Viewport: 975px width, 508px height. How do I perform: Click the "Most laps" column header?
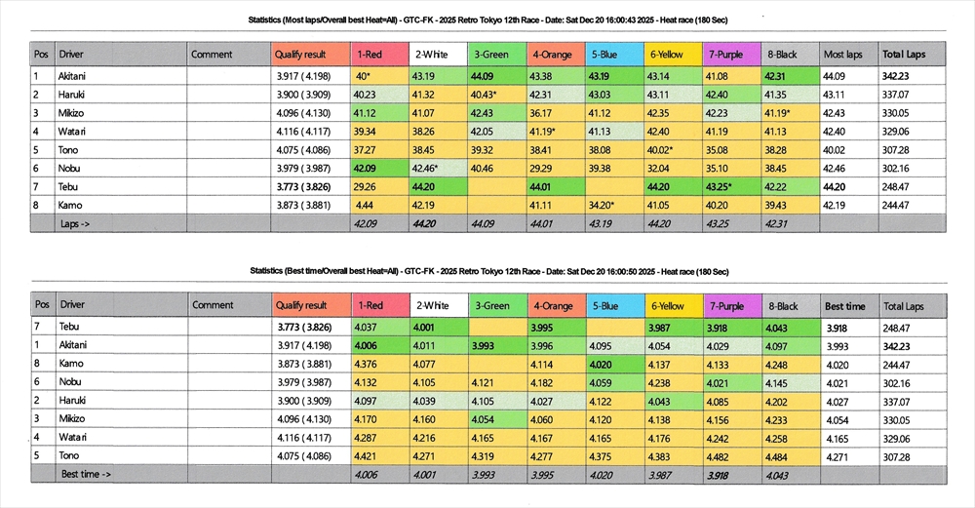pos(842,55)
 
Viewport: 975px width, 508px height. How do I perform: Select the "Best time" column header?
pos(845,305)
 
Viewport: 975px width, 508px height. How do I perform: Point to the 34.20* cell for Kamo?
pos(603,205)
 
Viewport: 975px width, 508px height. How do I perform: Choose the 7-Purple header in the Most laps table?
pos(728,55)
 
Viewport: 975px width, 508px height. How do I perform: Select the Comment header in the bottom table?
pos(213,305)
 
